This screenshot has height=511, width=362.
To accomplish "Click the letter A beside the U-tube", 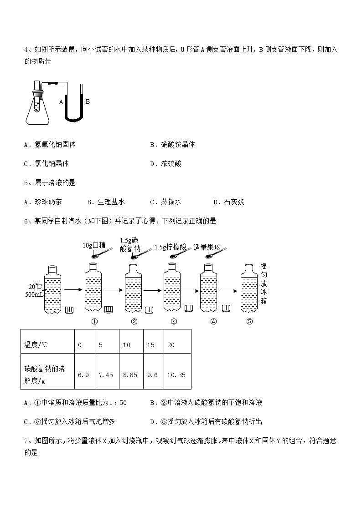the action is (x=61, y=102).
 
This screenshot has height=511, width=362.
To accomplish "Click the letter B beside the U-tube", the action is (x=88, y=101).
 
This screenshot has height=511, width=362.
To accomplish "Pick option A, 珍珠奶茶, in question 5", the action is (x=45, y=202).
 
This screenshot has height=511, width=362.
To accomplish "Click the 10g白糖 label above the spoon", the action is (x=94, y=246).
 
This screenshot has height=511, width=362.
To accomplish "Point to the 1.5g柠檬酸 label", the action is (x=171, y=247).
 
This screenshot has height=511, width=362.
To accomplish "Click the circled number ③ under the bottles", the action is (x=174, y=322).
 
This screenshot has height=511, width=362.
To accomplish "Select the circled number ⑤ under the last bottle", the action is (x=249, y=322).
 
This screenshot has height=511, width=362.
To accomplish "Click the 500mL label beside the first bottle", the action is (x=34, y=294).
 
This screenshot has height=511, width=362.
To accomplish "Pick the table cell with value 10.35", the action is (x=176, y=375).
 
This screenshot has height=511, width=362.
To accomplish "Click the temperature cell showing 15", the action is (x=151, y=345).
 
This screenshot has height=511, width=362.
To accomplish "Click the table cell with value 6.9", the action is (x=83, y=375).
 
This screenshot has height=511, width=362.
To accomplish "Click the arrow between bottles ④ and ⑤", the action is (x=228, y=290).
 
